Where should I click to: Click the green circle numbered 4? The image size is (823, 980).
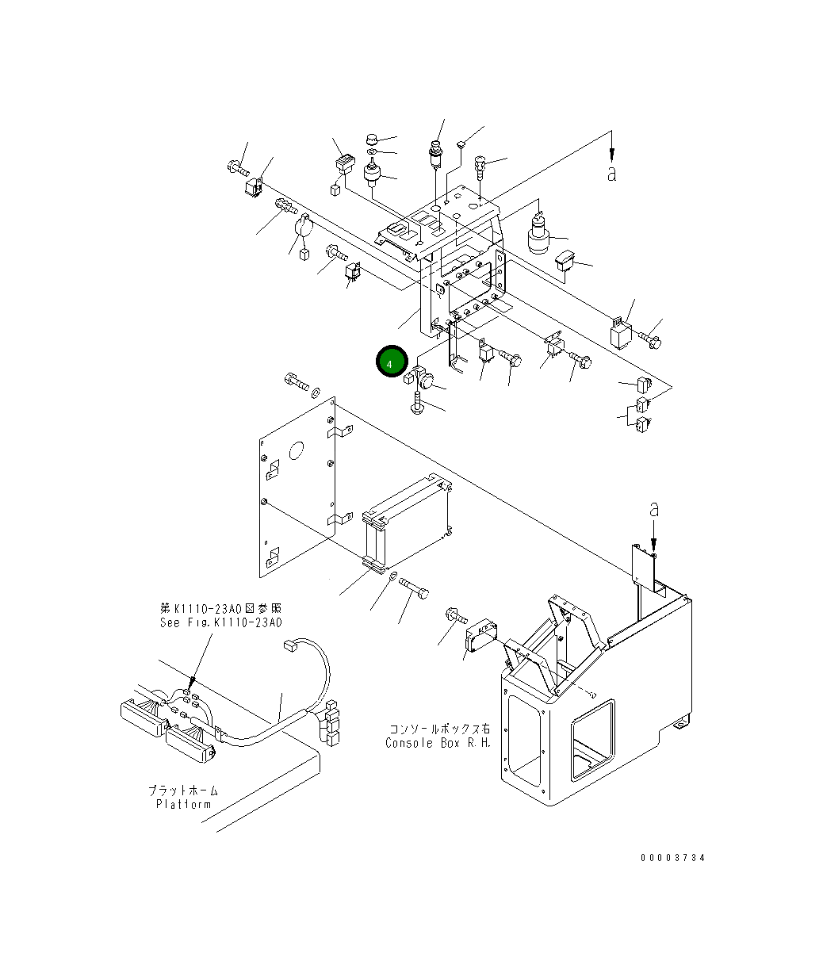click(x=392, y=361)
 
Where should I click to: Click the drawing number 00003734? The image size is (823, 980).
click(x=672, y=858)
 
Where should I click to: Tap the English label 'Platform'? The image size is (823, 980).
click(x=184, y=804)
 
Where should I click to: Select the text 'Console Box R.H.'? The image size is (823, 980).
click(x=438, y=743)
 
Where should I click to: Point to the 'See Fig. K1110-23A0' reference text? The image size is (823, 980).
click(x=221, y=622)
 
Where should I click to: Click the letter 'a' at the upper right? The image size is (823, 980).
click(x=611, y=174)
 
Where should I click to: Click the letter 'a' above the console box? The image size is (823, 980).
click(x=654, y=509)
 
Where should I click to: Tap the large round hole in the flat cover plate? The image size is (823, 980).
click(x=297, y=450)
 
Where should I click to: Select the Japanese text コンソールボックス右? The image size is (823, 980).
click(x=440, y=729)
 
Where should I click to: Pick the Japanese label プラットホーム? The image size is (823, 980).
click(x=184, y=791)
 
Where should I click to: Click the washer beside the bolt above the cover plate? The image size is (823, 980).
click(x=316, y=391)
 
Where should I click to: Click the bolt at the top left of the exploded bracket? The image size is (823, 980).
click(x=239, y=167)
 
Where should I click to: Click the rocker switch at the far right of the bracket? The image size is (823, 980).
click(x=565, y=261)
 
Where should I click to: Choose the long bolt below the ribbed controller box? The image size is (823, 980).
click(x=414, y=588)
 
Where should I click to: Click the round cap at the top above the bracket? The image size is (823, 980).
click(x=373, y=140)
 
